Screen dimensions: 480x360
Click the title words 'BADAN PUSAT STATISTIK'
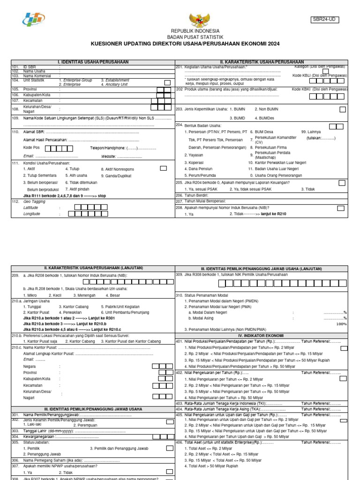tap(195, 37)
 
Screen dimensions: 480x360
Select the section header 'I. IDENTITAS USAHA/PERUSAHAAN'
tap(93, 62)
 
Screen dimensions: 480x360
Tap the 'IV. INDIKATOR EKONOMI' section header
tap(261, 336)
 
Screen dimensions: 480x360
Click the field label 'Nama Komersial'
tap(37, 75)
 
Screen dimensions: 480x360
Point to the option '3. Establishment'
tap(114, 80)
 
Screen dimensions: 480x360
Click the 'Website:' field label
tap(109, 156)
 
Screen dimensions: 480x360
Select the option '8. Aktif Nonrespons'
tap(117, 169)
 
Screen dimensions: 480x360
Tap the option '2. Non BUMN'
tap(266, 109)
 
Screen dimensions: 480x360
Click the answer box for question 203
tap(343, 109)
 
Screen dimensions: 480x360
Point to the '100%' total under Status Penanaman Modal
tap(341, 324)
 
